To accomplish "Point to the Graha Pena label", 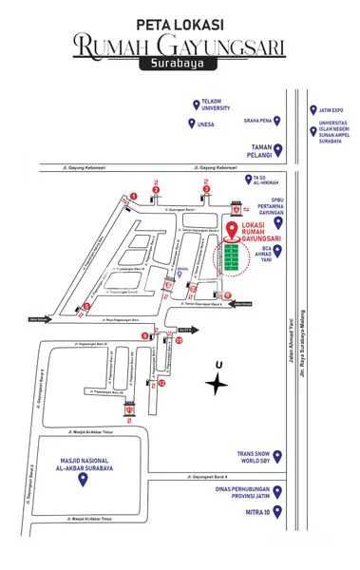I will [259, 121].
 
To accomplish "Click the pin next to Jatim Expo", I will [311, 109].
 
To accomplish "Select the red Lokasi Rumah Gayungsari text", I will [262, 233].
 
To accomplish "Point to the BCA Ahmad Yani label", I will [269, 250].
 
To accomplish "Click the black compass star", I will [219, 383].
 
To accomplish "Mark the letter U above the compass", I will [219, 364].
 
